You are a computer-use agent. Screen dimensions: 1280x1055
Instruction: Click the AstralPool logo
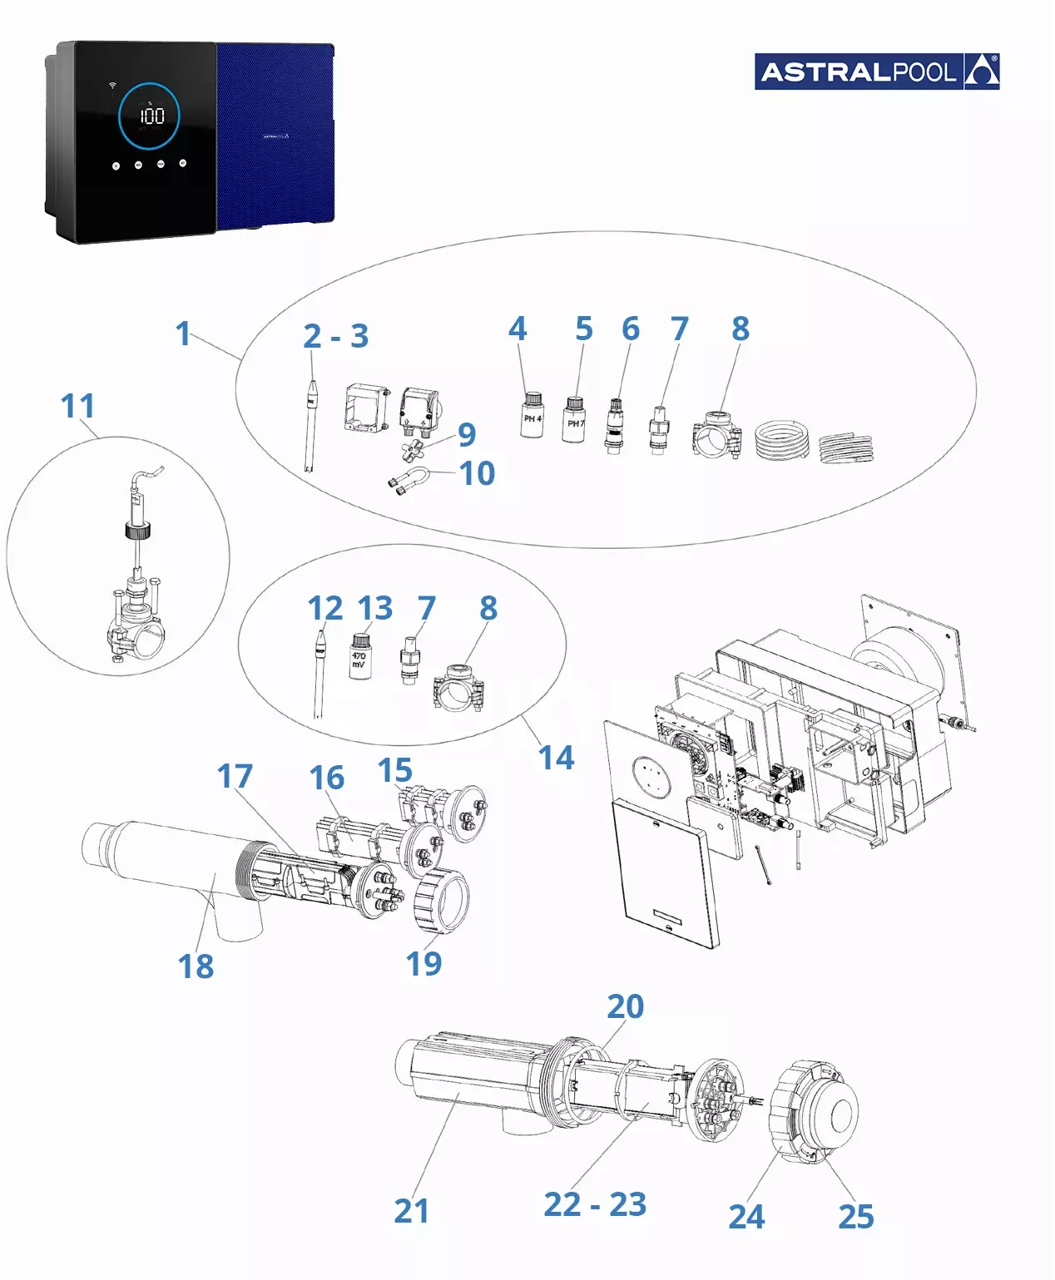coord(877,72)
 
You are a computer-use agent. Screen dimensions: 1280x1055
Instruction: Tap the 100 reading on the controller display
coord(151,116)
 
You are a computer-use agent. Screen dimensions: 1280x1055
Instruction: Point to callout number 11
coord(77,407)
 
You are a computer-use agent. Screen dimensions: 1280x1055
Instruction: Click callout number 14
coord(556,758)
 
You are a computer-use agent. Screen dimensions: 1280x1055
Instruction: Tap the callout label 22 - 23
coord(595,1204)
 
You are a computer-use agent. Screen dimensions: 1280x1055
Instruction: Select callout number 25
coord(856,1216)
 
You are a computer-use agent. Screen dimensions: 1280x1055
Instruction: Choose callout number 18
coord(196,966)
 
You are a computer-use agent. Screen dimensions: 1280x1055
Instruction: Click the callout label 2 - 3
coord(335,336)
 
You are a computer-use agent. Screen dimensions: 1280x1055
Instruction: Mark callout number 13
coord(375,608)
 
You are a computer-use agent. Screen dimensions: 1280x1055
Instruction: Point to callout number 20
coord(625,1006)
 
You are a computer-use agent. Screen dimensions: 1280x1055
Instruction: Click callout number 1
coord(183,334)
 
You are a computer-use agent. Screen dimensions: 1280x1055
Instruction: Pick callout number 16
coord(326,778)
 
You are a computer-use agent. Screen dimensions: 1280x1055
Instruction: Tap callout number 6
coord(631,329)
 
